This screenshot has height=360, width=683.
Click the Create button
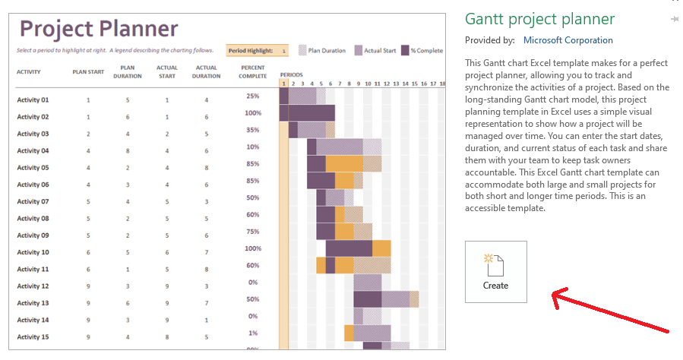coord(495,271)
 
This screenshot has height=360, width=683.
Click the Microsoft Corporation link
coord(568,40)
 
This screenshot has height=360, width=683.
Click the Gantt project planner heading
coord(539,19)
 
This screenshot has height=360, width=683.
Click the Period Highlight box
coord(258,51)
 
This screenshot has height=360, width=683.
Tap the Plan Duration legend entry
coord(323,51)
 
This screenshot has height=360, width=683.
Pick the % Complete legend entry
coord(422,51)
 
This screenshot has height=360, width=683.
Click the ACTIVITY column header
coord(29,72)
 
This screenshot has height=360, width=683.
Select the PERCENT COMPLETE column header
coord(252,72)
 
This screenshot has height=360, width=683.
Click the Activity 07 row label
coord(33,202)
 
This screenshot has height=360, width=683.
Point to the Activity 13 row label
coord(33,303)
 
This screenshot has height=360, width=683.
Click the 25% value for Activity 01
coord(252,96)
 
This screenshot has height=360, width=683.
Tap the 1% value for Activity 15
coord(252,333)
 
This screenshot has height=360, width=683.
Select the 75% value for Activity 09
coord(252,232)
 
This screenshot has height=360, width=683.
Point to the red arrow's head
coord(555,294)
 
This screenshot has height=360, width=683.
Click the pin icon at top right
coord(674,18)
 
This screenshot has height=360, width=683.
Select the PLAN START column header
coord(87,72)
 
